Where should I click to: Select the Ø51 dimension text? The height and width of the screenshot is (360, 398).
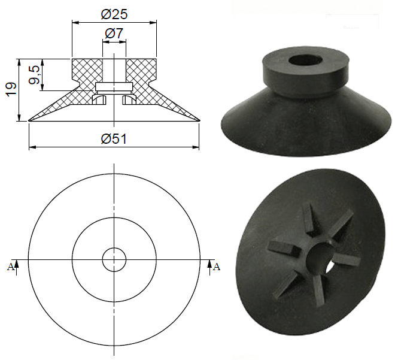coord(114,138)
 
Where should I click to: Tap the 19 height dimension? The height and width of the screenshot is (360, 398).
coord(10,90)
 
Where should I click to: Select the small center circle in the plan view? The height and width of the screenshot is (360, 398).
coord(114,259)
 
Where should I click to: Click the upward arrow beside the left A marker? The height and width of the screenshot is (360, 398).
coord(18,264)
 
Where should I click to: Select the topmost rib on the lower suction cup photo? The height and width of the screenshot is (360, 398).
coord(309,216)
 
